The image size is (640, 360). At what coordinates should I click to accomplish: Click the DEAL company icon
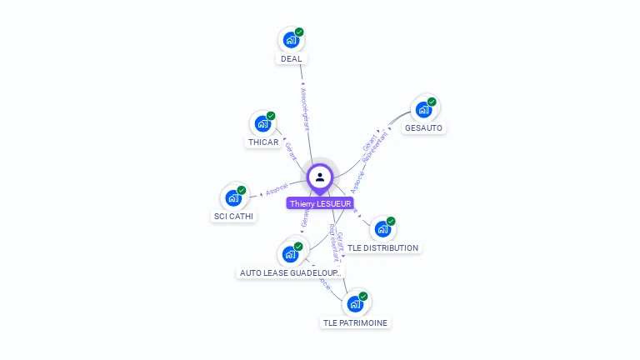coord(291,39)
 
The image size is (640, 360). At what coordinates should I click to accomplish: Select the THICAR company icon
coord(262,123)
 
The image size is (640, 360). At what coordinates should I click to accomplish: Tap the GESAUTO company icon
coord(423,109)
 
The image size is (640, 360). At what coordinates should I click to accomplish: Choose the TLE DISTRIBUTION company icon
coord(382,228)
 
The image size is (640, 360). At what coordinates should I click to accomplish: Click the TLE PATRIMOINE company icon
coord(355,303)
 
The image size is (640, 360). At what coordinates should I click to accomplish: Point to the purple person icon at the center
coord(320,177)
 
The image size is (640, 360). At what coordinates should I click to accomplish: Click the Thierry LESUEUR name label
coord(320,203)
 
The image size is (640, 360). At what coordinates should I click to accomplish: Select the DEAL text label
coord(292,59)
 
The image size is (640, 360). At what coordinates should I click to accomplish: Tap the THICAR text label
coord(263,142)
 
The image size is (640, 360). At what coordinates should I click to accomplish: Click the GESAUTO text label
coord(423,128)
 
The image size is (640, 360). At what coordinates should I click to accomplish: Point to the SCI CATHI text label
coord(233,217)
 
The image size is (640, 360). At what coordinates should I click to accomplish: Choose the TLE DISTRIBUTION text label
coord(382,247)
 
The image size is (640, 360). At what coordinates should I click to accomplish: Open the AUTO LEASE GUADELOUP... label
coord(290,272)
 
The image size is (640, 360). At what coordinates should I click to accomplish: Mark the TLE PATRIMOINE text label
coord(355,322)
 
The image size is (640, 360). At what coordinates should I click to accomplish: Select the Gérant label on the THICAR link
coord(291,152)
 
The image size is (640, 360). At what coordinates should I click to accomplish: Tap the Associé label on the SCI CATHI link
coord(277,187)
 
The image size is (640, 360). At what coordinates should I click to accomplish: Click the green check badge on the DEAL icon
coord(299,32)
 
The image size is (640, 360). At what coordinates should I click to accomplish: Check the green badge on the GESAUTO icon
coord(432,102)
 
